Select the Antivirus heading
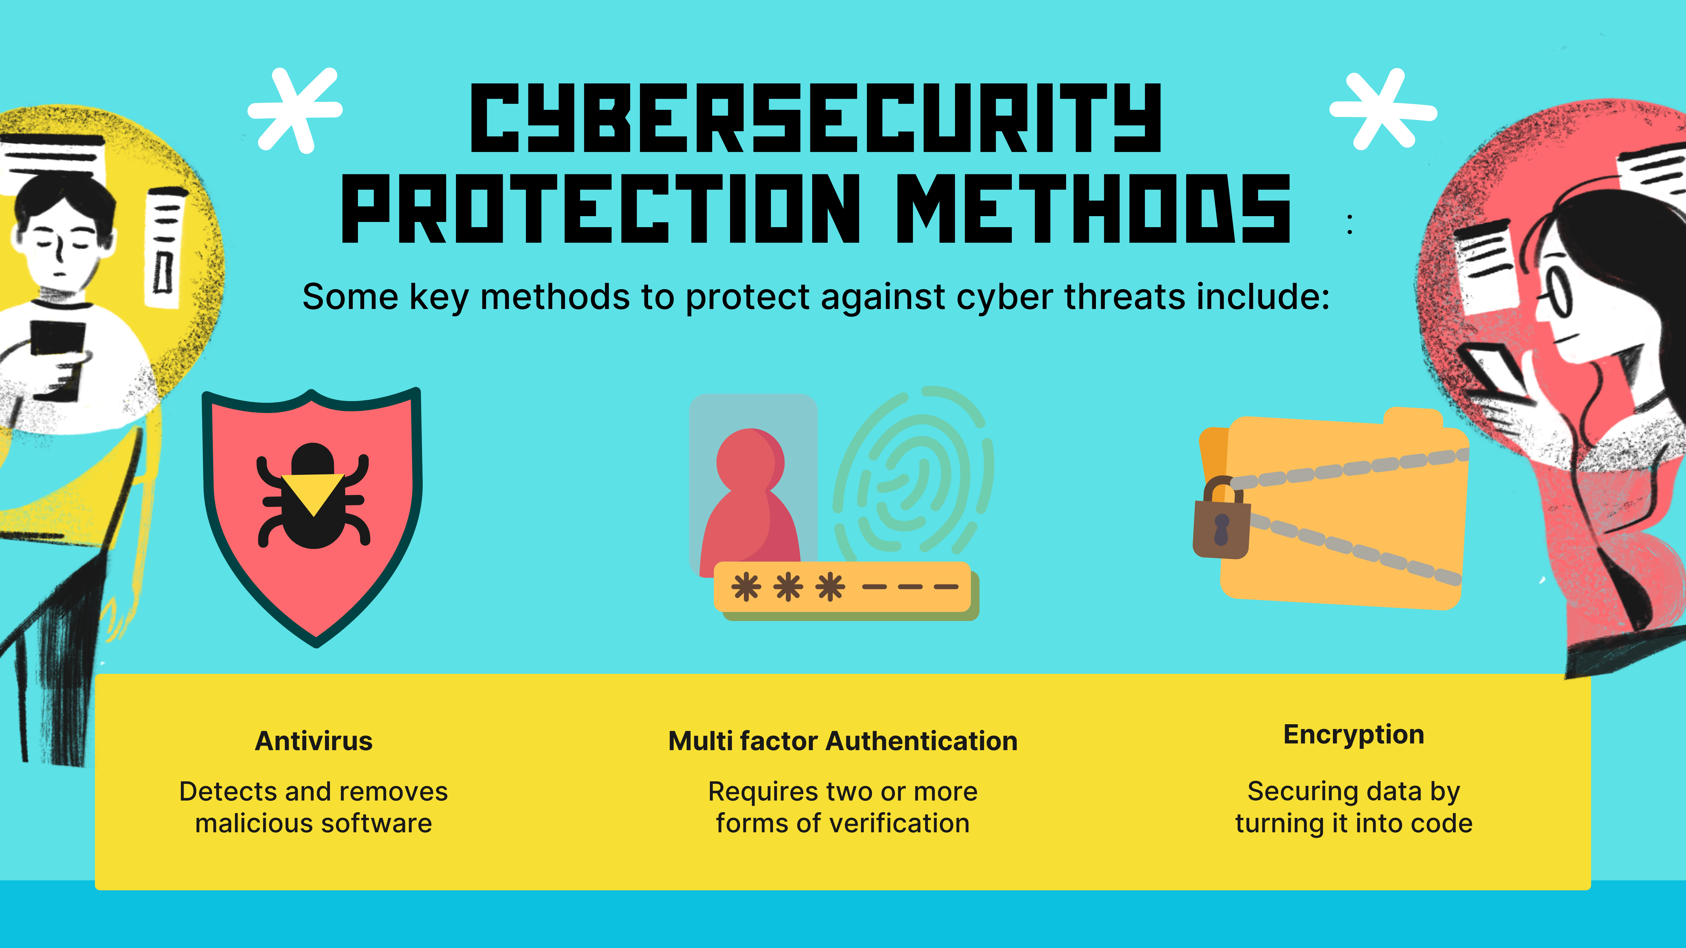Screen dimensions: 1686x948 pyautogui.click(x=313, y=741)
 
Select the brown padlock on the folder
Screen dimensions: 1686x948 pyautogui.click(x=1221, y=518)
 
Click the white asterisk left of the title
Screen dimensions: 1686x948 pyautogui.click(x=295, y=110)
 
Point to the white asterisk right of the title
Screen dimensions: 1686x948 pyautogui.click(x=1383, y=109)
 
